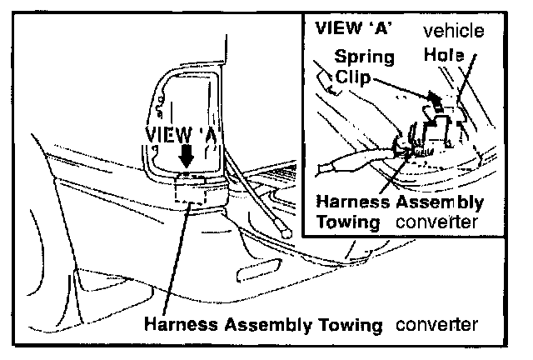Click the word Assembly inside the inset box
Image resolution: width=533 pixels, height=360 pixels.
(x=443, y=202)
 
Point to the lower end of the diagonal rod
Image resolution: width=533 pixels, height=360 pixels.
(x=285, y=234)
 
